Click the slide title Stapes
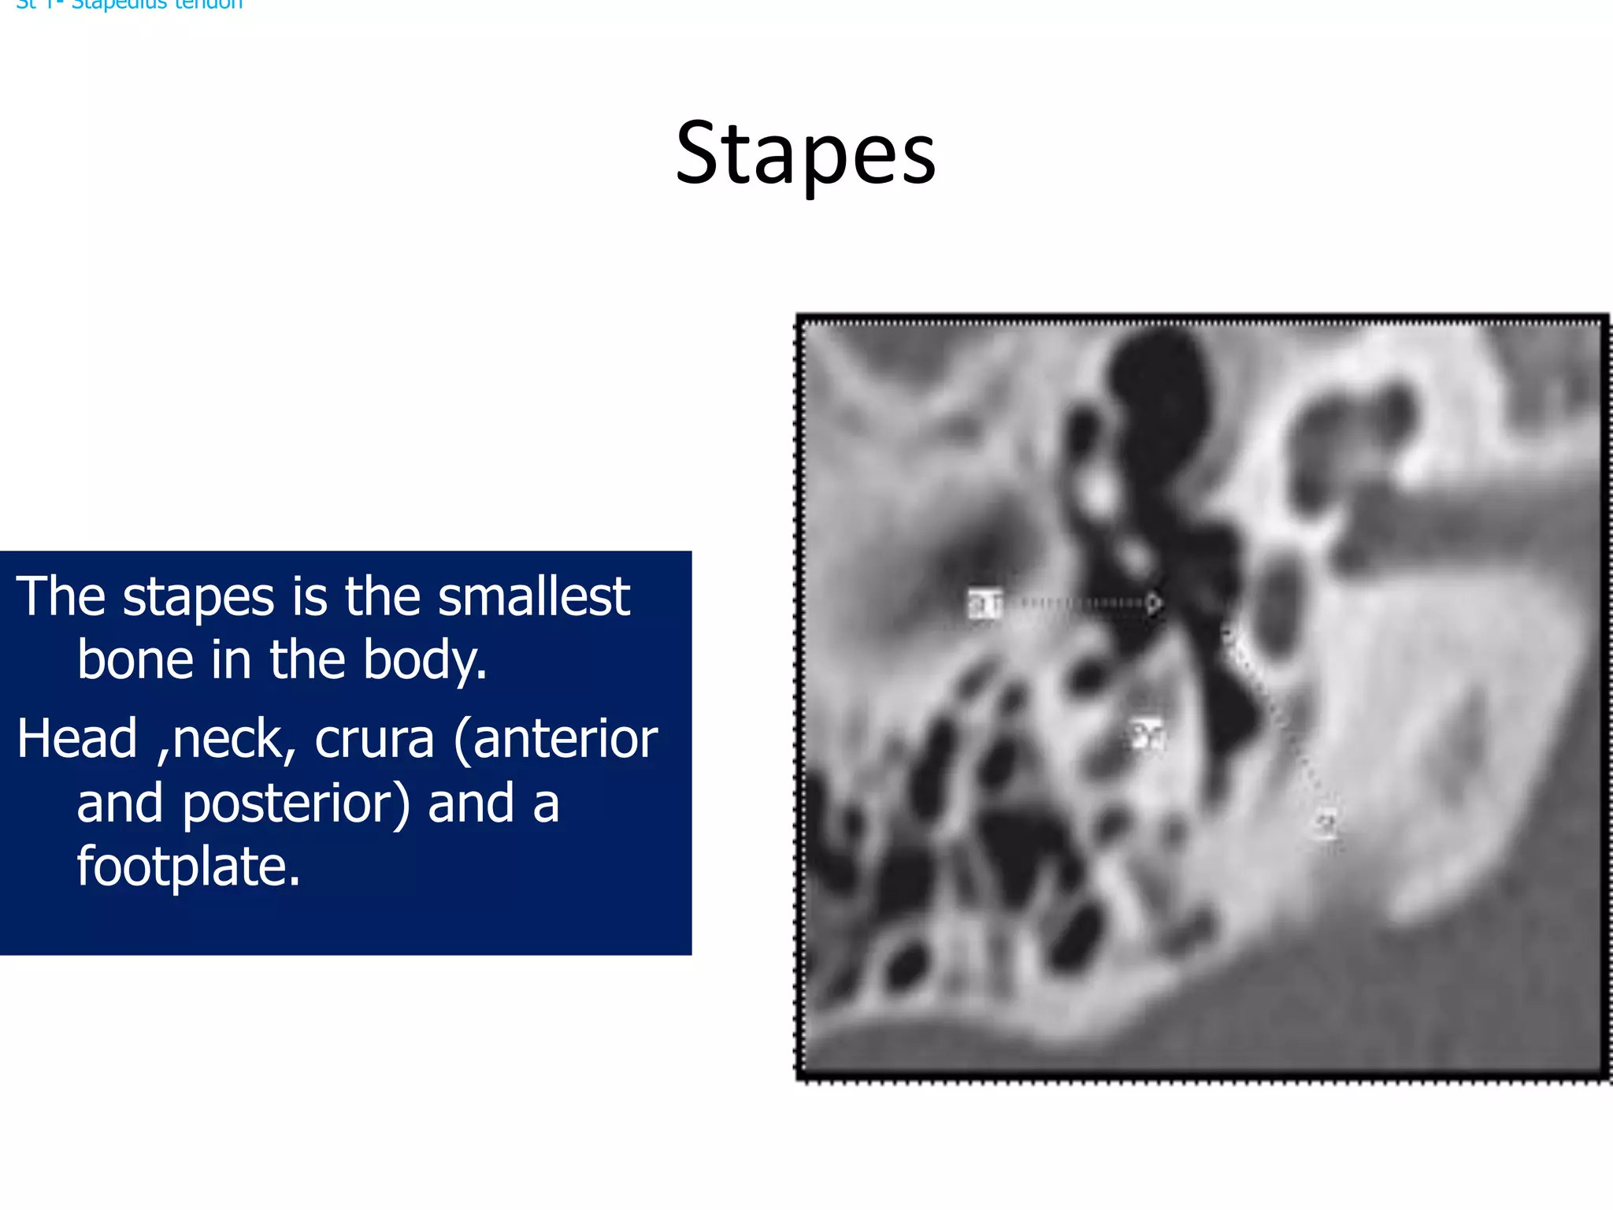pos(806,154)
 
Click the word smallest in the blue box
pos(533,596)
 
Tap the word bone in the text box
pos(134,659)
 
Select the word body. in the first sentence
pos(425,661)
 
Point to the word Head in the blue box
pos(77,739)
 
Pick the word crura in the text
pos(374,739)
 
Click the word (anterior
pos(555,739)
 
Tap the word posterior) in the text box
pos(296,804)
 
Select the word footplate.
pos(188,867)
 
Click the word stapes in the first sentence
pos(198,598)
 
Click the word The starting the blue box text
pos(60,596)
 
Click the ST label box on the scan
pos(984,604)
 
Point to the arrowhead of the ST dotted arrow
pos(1154,603)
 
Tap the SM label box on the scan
pos(1146,734)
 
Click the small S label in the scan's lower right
pos(1326,824)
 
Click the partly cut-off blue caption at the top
pos(129,5)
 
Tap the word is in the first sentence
pos(309,596)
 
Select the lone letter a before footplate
pos(545,804)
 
